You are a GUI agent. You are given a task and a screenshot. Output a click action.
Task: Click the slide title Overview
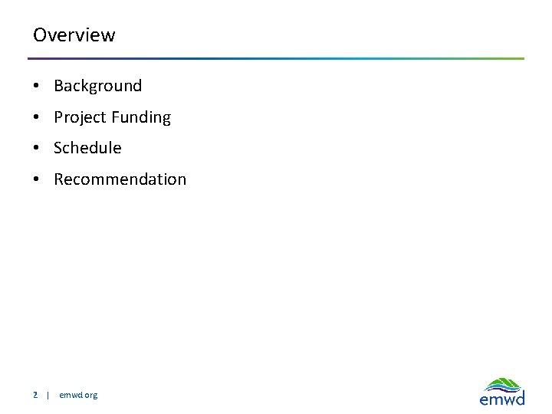(74, 35)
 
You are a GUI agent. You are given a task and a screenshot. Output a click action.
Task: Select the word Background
(97, 86)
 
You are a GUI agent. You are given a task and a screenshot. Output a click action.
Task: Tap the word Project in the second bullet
(80, 117)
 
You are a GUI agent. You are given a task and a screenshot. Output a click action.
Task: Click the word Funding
(140, 117)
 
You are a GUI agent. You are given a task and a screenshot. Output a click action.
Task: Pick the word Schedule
(87, 148)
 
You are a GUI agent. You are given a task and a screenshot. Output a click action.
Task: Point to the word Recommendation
(120, 179)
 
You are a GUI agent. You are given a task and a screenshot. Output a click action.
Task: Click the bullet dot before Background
(37, 87)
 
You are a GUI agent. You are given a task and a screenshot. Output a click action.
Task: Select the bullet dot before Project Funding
(37, 118)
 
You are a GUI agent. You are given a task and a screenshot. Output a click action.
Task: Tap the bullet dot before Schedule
(37, 149)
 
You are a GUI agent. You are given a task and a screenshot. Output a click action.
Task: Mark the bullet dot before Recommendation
(37, 180)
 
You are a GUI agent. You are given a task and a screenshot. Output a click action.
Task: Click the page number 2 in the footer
(35, 395)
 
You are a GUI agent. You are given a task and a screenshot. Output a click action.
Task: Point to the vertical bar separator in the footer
(48, 395)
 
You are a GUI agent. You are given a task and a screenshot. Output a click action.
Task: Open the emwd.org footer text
(78, 395)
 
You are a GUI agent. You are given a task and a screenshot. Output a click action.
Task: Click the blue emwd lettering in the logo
(502, 399)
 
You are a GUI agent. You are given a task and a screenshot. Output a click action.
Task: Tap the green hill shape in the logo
(504, 383)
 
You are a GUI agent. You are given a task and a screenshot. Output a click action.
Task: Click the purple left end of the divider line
(32, 58)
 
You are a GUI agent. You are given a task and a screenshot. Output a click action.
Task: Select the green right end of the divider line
(520, 58)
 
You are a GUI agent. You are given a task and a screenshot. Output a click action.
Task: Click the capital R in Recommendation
(59, 179)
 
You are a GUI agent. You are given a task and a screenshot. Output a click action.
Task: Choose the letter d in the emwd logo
(520, 398)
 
